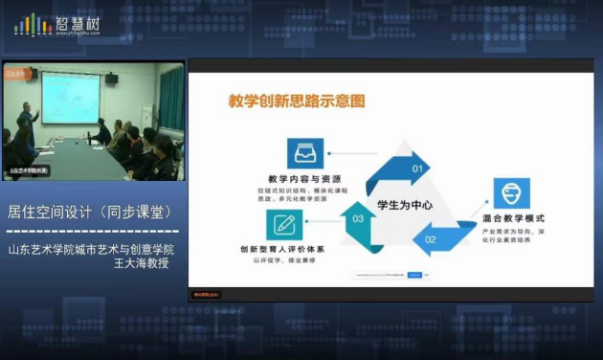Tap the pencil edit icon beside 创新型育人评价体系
pyautogui.click(x=283, y=224)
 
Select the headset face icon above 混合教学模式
pyautogui.click(x=511, y=192)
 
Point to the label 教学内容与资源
pyautogui.click(x=303, y=180)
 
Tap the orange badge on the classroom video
pyautogui.click(x=17, y=73)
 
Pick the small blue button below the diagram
pyautogui.click(x=414, y=276)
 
